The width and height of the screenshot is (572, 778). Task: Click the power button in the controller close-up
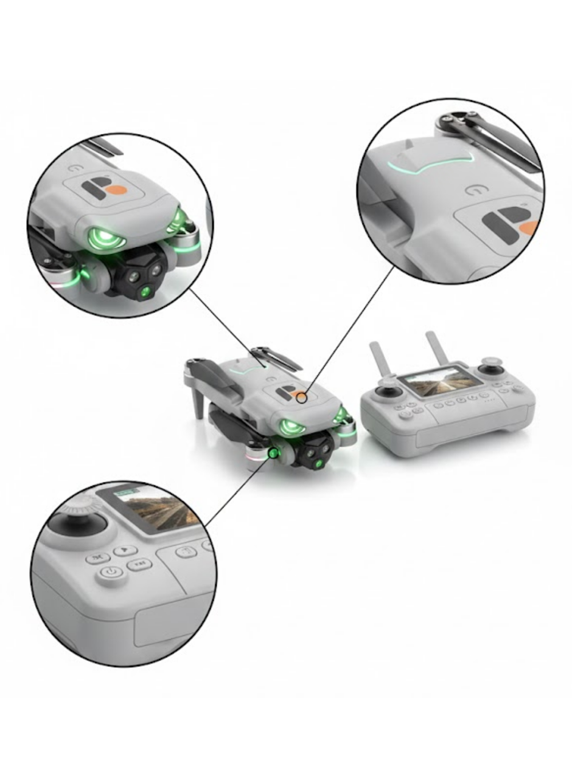click(110, 572)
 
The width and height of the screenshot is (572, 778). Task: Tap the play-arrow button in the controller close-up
click(125, 550)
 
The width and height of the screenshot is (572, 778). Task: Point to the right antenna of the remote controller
click(436, 349)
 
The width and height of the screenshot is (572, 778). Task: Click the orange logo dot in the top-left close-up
click(116, 190)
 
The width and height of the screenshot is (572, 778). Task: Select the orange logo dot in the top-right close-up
click(530, 229)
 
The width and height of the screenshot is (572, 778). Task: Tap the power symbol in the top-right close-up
click(475, 190)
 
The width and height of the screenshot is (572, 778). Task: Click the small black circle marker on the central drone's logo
click(301, 398)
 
